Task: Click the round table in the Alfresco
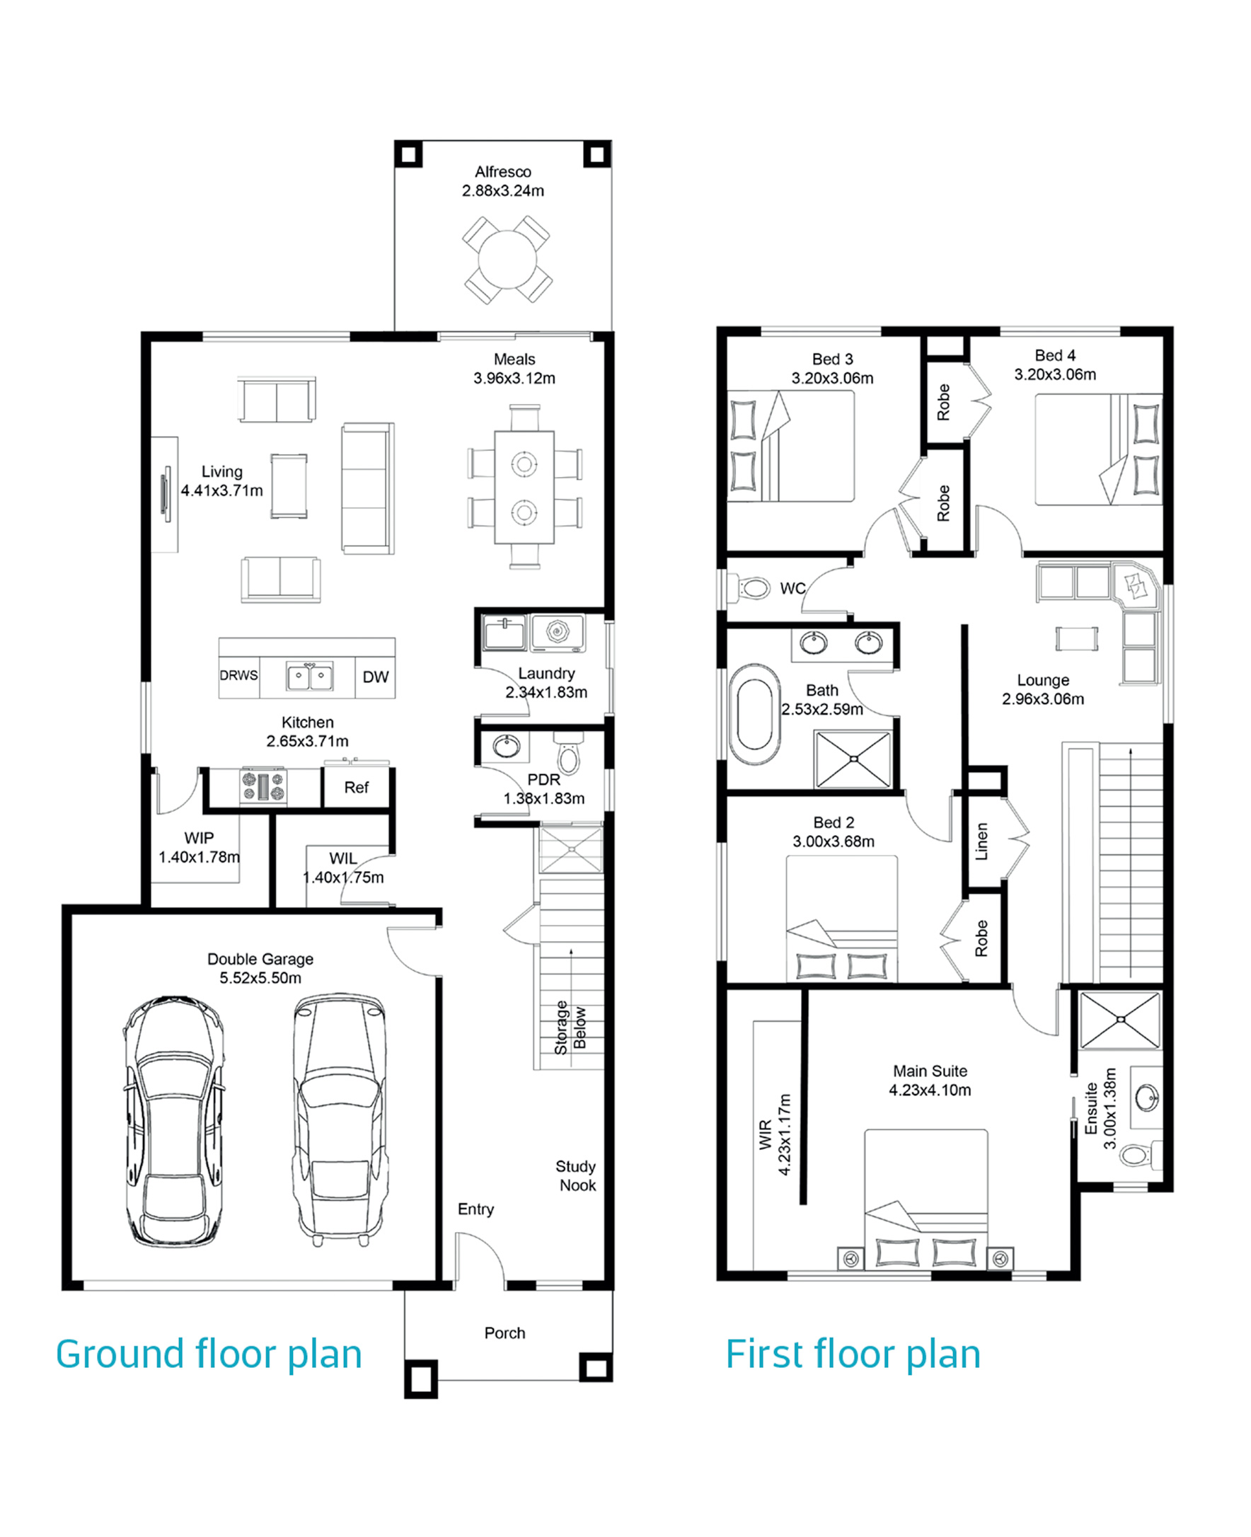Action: (507, 260)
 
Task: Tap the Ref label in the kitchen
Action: (356, 787)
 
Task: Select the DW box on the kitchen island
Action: (376, 677)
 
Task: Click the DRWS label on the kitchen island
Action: (238, 675)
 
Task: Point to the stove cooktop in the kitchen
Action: (263, 785)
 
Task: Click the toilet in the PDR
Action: (569, 753)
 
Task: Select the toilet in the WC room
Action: (749, 587)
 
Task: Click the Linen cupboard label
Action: (981, 841)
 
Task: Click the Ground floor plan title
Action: (208, 1354)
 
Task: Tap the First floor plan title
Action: (853, 1354)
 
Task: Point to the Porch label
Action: (505, 1333)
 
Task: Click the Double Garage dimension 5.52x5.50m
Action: (260, 978)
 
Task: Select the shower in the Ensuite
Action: (1121, 1020)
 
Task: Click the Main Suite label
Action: (930, 1071)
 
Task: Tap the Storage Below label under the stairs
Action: (571, 1028)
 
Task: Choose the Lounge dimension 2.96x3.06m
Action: (1043, 699)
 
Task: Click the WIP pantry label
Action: (199, 838)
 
